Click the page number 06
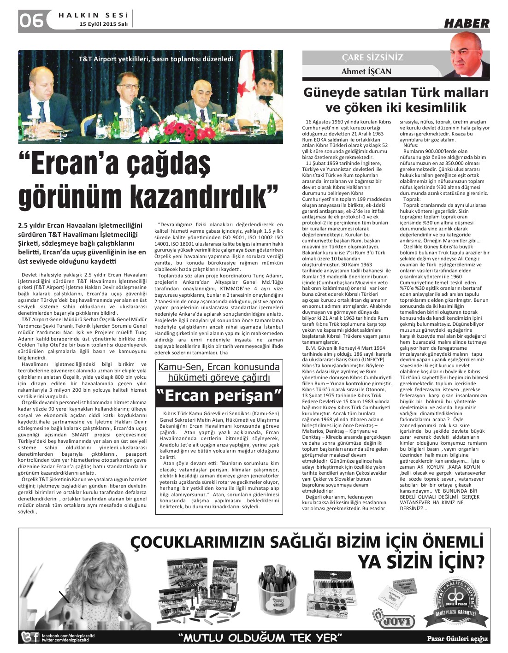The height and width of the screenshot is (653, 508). [31, 21]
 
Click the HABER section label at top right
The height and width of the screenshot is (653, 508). [467, 23]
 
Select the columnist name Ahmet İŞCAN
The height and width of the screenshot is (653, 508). [366, 71]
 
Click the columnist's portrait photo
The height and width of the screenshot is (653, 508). [469, 57]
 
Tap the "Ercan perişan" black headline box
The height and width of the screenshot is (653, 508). [219, 395]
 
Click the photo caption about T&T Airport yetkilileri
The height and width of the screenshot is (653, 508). [156, 59]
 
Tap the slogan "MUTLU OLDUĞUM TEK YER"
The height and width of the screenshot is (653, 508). [260, 638]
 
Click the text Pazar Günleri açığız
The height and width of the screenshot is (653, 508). [457, 639]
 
